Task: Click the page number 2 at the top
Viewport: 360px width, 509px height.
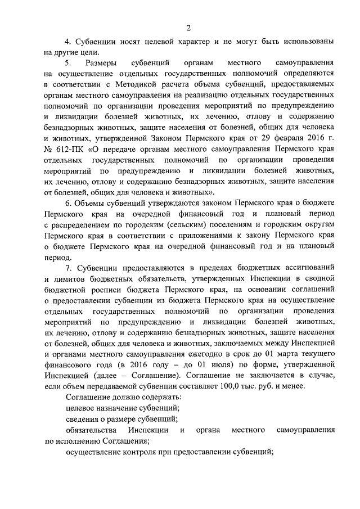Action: click(x=189, y=28)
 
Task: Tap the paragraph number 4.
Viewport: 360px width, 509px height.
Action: click(x=68, y=42)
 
